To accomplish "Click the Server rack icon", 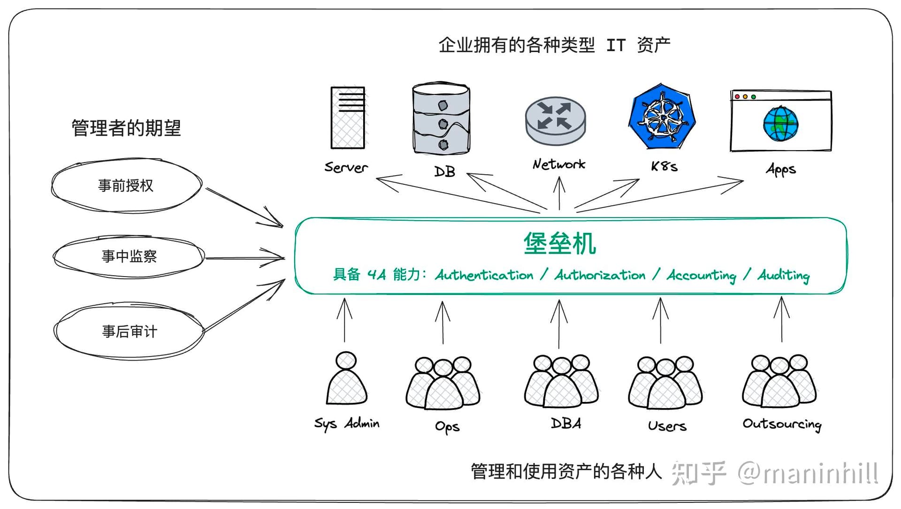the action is coord(348,118).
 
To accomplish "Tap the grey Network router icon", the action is coord(556,121).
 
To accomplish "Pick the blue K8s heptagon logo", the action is coord(662,116).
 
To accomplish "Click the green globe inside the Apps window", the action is coord(780,123).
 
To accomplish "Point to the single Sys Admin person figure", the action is coord(346,378).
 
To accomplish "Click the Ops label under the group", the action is coord(447,427).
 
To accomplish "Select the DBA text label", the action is coord(566,424).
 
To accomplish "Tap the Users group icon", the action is coord(665,383).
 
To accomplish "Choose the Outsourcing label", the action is coord(782,424).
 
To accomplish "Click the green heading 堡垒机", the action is coord(560,244).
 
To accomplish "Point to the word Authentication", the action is coord(484,275).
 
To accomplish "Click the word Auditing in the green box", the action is coord(784,275).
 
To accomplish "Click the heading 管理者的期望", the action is coord(126,128).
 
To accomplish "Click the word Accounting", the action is coord(702,275).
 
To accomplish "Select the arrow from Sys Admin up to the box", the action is coord(344,320).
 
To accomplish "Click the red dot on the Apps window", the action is coord(737,97).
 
